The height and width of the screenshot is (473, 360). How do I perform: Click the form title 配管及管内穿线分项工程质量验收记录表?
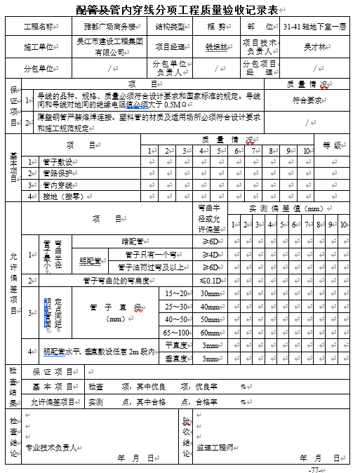[178, 9]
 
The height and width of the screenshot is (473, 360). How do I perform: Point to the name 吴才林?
[314, 47]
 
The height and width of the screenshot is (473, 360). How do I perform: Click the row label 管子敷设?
[58, 162]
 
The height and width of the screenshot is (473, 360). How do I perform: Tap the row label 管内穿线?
[58, 185]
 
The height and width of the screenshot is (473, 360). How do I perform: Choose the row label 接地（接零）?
[62, 197]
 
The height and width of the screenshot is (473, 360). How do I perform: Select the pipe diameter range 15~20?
[176, 293]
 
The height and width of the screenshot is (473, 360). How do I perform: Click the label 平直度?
[175, 345]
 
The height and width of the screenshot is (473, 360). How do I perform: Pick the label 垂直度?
[175, 359]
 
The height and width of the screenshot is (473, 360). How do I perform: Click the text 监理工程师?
[214, 446]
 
